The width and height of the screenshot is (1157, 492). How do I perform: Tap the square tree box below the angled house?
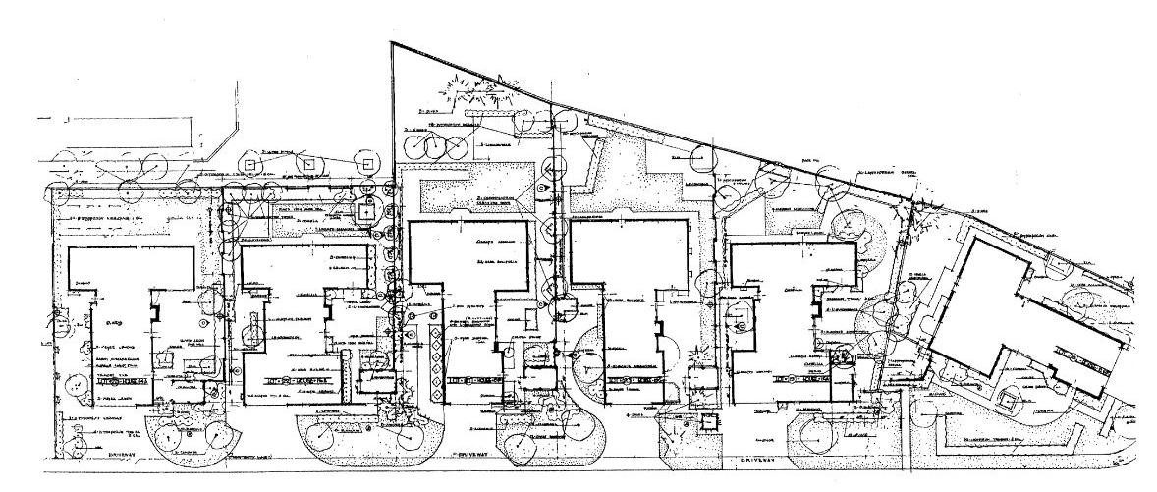coord(1005,399)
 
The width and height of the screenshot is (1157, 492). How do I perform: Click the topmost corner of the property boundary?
coord(391,45)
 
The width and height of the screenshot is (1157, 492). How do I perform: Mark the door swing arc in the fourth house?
coord(668,352)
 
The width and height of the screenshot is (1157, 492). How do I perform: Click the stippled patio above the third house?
coord(471,191)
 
